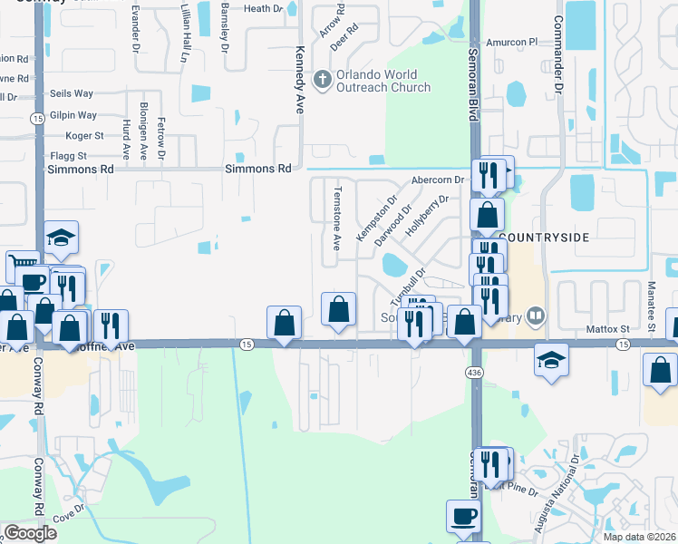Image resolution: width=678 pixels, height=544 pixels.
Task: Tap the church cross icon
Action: point(321,80)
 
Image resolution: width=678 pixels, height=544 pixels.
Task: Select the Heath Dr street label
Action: point(264,9)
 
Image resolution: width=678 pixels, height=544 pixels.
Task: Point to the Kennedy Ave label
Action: point(297,79)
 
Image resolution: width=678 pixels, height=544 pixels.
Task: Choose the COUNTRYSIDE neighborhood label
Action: point(544,238)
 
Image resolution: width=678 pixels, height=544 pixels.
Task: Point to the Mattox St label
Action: point(607,329)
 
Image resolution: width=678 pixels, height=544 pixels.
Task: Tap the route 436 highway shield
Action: point(473,373)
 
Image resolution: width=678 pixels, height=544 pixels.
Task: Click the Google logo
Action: point(30,533)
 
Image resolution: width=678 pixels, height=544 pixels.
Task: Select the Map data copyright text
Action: point(640,537)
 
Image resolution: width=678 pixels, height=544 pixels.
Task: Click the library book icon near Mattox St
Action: point(537,316)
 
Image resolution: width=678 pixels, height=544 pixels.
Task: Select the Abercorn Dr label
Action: point(438,180)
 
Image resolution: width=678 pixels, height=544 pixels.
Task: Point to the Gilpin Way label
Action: point(74,115)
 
